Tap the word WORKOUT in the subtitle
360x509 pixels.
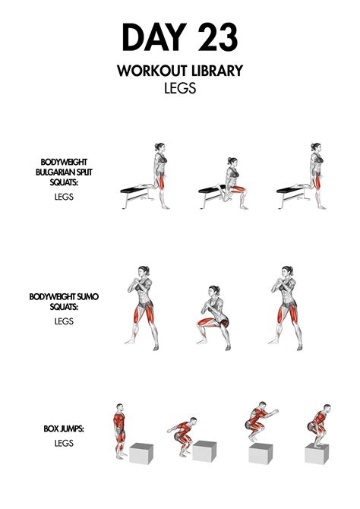147,71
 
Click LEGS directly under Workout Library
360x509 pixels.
180,89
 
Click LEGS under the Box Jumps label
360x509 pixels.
63,442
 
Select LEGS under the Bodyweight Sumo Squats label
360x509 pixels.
63,320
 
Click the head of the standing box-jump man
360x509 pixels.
118,407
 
